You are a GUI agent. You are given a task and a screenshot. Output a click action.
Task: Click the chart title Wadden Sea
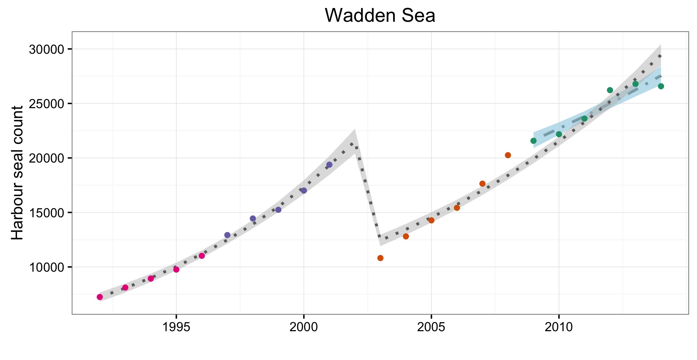pyautogui.click(x=380, y=15)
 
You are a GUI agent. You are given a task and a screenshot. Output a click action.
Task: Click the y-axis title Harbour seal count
pyautogui.click(x=17, y=173)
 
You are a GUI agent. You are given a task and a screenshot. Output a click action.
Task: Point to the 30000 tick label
pyautogui.click(x=47, y=50)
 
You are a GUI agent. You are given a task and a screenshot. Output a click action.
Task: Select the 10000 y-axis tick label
pyautogui.click(x=47, y=267)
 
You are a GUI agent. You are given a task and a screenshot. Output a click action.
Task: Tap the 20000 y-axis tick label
pyautogui.click(x=47, y=158)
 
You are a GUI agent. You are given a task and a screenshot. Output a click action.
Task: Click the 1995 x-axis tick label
pyautogui.click(x=176, y=327)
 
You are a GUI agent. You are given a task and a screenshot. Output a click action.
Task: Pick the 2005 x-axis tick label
pyautogui.click(x=431, y=327)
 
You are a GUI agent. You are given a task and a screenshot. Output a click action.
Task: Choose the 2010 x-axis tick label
pyautogui.click(x=559, y=327)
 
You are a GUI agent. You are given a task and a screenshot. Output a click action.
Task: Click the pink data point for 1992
pyautogui.click(x=100, y=297)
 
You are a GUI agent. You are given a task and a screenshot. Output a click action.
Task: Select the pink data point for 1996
pyautogui.click(x=202, y=256)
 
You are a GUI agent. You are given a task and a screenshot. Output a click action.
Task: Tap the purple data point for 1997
pyautogui.click(x=227, y=235)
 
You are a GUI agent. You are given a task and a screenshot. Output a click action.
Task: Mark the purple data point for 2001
pyautogui.click(x=329, y=165)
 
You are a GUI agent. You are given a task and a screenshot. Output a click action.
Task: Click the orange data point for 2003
pyautogui.click(x=380, y=258)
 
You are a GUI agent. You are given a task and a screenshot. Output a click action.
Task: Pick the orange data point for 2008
pyautogui.click(x=508, y=155)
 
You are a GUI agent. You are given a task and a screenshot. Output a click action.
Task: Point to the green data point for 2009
pyautogui.click(x=534, y=141)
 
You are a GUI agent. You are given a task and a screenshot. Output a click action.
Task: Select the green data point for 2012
pyautogui.click(x=610, y=90)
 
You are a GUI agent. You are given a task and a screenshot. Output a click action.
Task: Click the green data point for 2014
pyautogui.click(x=661, y=86)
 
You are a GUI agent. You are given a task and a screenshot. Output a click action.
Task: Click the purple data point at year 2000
pyautogui.click(x=304, y=191)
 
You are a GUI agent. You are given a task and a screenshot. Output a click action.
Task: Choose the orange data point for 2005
pyautogui.click(x=431, y=220)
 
